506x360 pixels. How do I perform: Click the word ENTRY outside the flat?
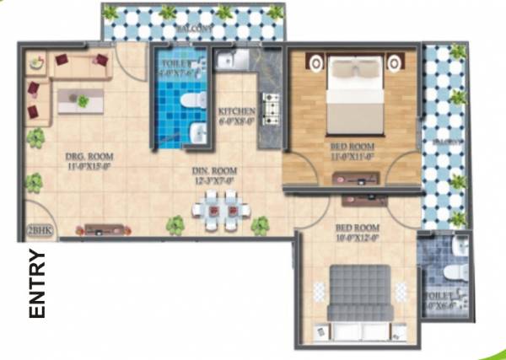click(36, 283)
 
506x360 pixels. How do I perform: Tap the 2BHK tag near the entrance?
click(39, 228)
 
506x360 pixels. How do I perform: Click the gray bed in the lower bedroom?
click(358, 292)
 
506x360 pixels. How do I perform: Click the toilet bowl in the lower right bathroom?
click(454, 272)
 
